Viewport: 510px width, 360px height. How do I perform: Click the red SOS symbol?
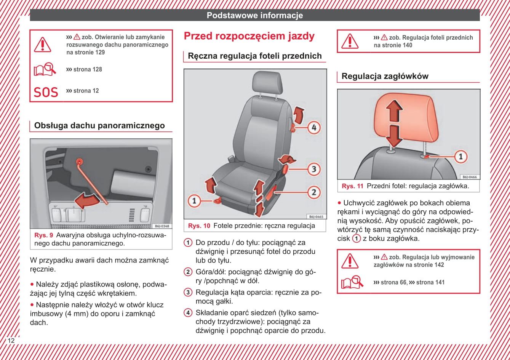click(x=46, y=92)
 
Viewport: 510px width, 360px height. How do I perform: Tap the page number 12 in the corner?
click(x=11, y=341)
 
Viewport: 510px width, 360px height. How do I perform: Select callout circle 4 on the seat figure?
click(x=314, y=128)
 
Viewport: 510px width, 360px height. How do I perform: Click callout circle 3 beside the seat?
click(x=314, y=169)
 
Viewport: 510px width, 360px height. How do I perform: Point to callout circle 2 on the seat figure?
click(x=314, y=192)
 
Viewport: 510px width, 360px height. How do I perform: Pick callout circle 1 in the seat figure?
click(x=194, y=201)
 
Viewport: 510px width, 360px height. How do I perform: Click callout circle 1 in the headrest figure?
click(x=460, y=157)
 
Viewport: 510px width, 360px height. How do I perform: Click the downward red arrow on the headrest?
click(x=394, y=136)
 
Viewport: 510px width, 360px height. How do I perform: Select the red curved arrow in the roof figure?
click(x=86, y=200)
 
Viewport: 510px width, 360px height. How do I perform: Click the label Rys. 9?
click(x=43, y=235)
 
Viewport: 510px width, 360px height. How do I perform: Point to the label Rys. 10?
click(x=199, y=226)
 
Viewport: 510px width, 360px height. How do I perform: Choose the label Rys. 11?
click(x=352, y=186)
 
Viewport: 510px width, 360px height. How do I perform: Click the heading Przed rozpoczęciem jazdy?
click(x=249, y=36)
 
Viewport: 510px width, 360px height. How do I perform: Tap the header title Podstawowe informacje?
click(x=255, y=16)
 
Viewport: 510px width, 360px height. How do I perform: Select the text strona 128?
click(x=88, y=69)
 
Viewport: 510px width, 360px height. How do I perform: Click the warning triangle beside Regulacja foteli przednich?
click(x=350, y=41)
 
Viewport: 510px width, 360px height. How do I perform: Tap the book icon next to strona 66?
click(x=352, y=282)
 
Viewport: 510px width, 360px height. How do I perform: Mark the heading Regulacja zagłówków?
click(x=385, y=76)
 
